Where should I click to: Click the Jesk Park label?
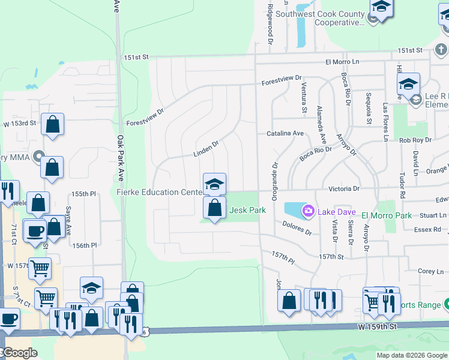247,211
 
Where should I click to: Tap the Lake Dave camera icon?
309,211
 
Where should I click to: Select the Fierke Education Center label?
159,193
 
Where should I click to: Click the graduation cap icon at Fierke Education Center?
214,184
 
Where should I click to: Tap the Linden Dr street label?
206,148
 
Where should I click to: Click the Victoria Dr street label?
345,188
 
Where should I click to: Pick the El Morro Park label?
386,215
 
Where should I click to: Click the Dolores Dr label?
297,228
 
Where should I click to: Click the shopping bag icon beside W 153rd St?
53,125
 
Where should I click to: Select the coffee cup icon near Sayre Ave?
35,230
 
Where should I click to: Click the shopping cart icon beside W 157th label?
40,269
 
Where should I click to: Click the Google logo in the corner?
20,353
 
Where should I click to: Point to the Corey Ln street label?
430,272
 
